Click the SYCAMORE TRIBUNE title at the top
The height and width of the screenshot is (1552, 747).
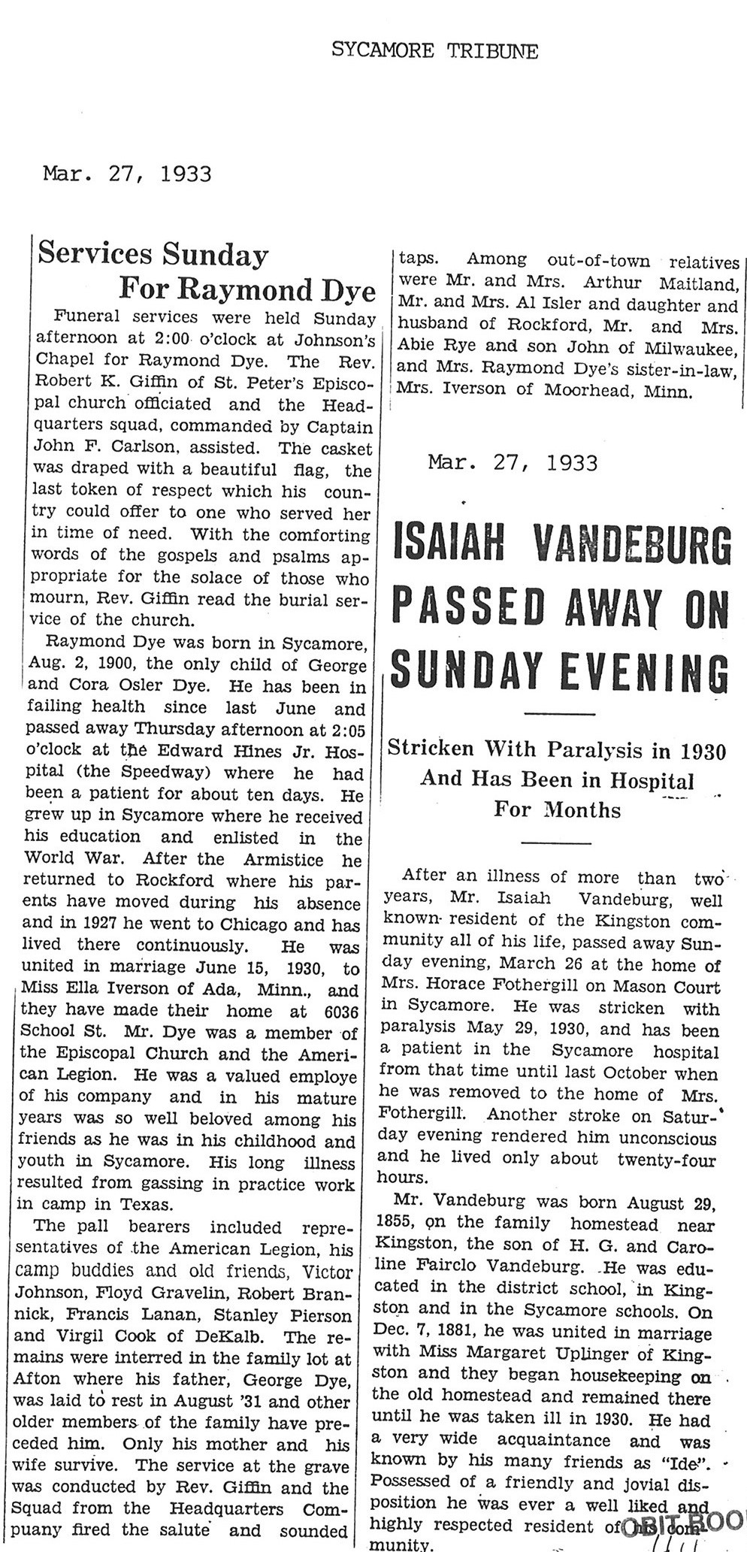click(435, 51)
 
